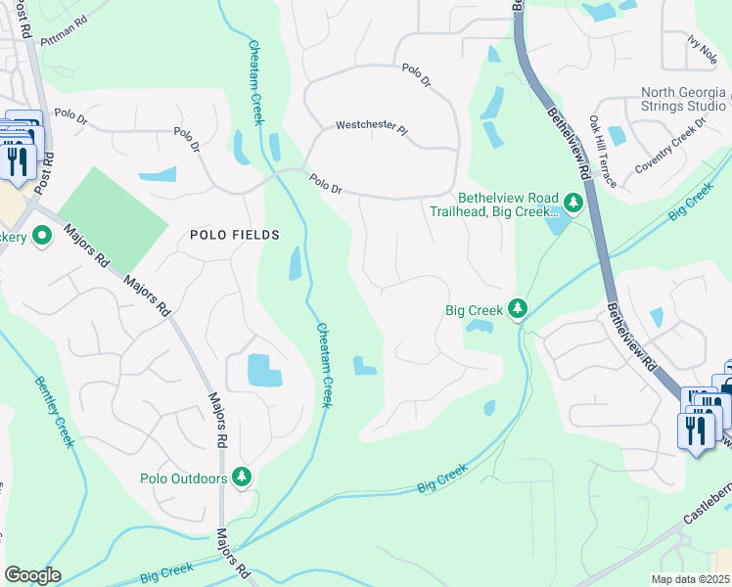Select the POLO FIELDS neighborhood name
tap(234, 235)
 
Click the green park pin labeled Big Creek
tap(518, 309)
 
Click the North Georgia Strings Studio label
tap(683, 99)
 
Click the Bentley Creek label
tap(53, 411)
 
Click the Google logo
tap(32, 575)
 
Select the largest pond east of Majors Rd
tap(264, 370)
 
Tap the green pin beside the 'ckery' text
tap(42, 236)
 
